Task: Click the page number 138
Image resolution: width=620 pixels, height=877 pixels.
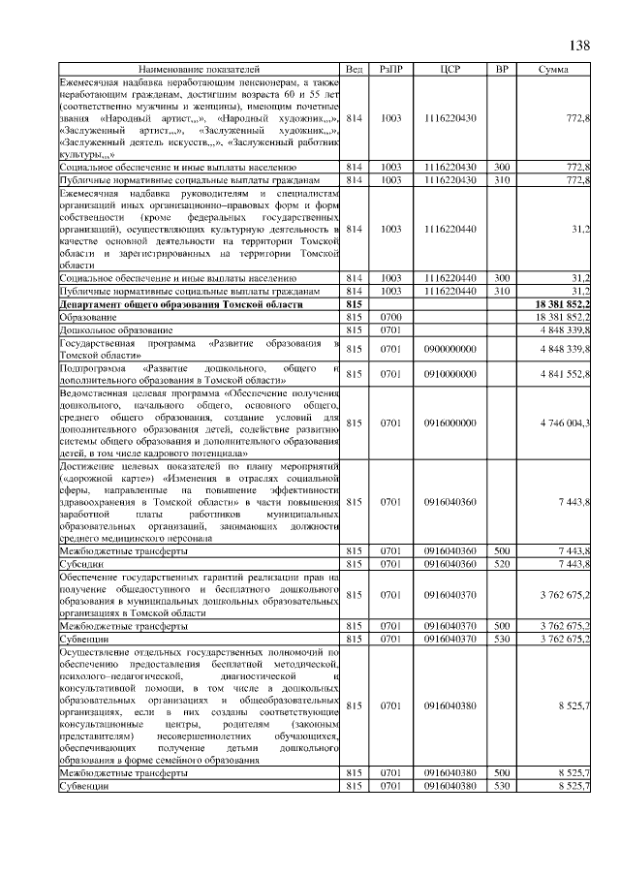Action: tap(578, 46)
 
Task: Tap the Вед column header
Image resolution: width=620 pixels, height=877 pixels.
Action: tap(354, 71)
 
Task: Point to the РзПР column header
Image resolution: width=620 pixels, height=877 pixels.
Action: tap(391, 71)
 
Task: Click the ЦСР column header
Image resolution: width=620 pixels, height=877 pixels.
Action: tap(449, 71)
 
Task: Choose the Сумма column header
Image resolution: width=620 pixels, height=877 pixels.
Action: tap(554, 71)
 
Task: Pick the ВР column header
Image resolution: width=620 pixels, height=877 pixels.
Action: tap(502, 71)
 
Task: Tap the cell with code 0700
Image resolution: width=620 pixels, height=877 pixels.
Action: tap(391, 317)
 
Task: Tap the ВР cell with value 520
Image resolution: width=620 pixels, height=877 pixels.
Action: tap(502, 563)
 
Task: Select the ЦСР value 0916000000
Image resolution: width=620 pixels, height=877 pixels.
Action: tap(449, 423)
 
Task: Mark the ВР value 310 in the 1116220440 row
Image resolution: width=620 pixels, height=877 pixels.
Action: tap(502, 291)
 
